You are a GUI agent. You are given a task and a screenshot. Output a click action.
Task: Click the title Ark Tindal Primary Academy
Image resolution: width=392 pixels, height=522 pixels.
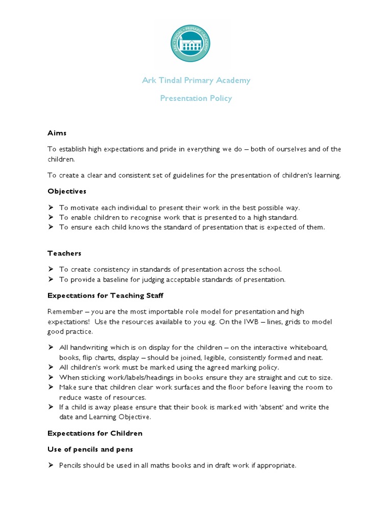[196, 81]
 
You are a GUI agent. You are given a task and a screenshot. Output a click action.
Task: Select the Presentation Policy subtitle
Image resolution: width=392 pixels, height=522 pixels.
[196, 98]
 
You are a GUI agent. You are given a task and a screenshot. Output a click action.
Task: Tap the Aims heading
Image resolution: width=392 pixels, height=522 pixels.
[57, 133]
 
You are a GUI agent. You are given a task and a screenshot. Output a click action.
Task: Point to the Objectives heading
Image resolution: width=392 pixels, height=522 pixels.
[67, 191]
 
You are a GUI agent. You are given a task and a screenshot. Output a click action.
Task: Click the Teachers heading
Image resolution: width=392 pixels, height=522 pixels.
[64, 253]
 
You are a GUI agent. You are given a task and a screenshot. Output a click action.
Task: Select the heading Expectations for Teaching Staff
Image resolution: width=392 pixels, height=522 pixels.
[106, 295]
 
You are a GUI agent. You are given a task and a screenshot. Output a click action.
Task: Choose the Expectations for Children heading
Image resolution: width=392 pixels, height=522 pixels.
[95, 433]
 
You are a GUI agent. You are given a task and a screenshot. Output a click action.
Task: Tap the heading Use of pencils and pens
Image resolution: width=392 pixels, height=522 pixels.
[90, 450]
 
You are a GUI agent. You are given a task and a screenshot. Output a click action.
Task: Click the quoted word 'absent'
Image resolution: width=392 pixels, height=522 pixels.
[275, 407]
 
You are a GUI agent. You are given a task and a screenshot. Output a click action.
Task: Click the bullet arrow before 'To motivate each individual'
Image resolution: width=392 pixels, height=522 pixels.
[51, 208]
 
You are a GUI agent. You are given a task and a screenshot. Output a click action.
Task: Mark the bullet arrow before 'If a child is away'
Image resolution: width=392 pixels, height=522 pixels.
[51, 407]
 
